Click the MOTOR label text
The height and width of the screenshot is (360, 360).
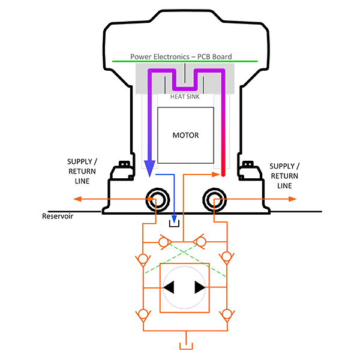pos(185,135)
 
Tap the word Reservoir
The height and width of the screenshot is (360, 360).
pos(58,217)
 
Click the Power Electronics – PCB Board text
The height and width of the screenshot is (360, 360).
pos(181,57)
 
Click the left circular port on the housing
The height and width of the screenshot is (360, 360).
pos(158,199)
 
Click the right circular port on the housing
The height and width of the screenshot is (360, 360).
pos(214,199)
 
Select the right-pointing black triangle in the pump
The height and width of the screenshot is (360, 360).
pos(200,287)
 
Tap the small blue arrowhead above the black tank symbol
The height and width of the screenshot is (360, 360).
pos(175,217)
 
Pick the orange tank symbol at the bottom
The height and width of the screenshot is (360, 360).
pos(185,346)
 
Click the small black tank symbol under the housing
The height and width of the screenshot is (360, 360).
pos(175,224)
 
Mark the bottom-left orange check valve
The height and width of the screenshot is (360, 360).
pos(143,314)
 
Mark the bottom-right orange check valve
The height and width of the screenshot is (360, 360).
pos(226,314)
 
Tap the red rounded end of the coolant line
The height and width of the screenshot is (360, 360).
pos(223,174)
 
